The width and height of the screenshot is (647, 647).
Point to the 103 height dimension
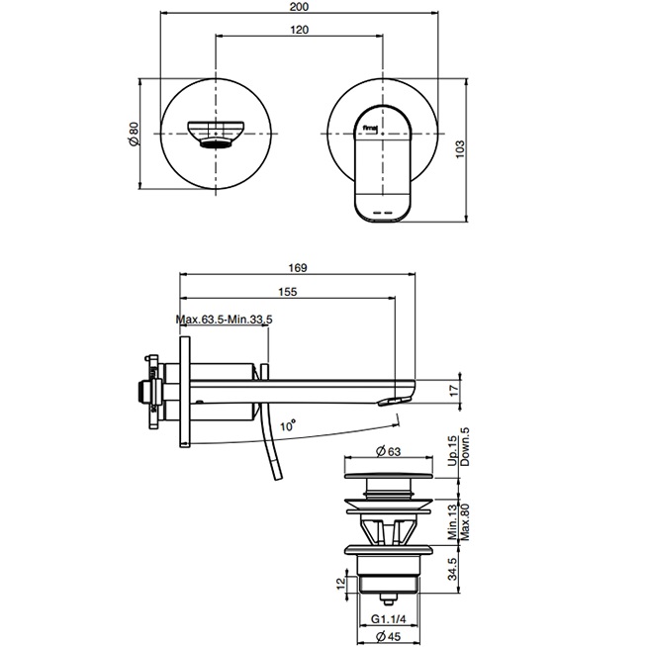click(461, 148)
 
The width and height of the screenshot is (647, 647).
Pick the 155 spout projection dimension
click(288, 292)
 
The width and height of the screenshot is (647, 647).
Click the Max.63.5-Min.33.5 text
click(224, 320)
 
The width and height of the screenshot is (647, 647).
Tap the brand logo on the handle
click(373, 126)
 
